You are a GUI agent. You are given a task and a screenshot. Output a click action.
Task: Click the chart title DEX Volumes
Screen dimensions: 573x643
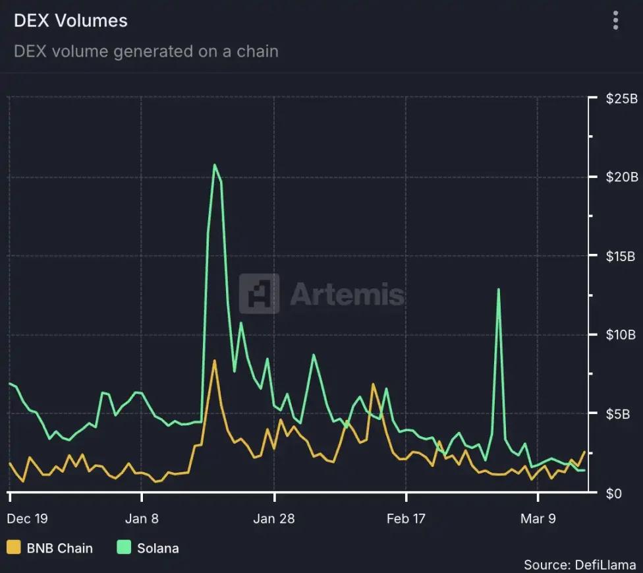coord(70,20)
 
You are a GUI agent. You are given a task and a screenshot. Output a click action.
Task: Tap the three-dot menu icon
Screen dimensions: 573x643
coord(615,20)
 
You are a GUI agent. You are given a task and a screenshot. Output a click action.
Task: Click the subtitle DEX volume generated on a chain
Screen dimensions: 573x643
coord(146,51)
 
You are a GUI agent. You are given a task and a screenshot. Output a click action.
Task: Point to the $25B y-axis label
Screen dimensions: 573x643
coord(621,99)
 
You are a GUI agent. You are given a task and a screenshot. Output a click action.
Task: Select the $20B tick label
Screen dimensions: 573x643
coord(621,177)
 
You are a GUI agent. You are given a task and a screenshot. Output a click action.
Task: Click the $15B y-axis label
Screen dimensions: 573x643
coord(621,256)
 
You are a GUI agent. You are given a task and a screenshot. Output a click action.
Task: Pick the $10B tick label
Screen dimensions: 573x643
coord(621,335)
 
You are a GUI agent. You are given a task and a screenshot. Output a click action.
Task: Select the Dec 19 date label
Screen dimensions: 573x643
coord(27,518)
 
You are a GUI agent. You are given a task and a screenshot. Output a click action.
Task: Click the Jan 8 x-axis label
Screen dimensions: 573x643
coord(142,518)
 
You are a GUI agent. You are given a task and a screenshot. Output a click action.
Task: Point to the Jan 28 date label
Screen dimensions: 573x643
coord(274,518)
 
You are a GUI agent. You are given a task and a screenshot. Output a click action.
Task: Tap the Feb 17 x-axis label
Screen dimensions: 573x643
coord(406,518)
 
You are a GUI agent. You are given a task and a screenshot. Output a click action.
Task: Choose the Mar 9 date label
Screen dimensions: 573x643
coord(538,518)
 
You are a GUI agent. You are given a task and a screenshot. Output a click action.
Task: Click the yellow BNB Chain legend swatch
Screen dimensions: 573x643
coord(13,547)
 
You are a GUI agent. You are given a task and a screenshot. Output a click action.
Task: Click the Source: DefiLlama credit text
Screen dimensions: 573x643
coord(580,564)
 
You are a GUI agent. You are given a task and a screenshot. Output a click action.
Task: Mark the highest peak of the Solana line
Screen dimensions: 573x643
coord(215,165)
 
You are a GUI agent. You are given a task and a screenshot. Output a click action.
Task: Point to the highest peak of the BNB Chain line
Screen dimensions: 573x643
coord(214,361)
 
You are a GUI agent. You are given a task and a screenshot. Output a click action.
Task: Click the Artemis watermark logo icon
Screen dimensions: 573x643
coord(259,293)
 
